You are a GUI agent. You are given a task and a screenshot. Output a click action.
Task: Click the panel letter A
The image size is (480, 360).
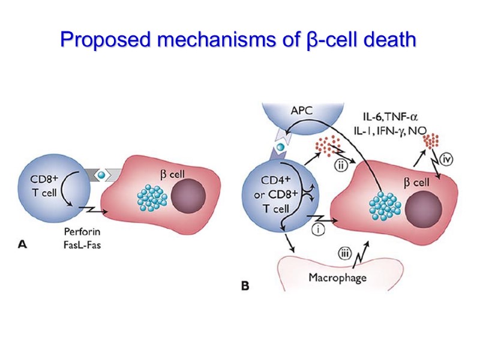click(23, 244)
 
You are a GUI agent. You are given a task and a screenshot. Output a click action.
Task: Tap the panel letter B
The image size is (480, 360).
click(245, 286)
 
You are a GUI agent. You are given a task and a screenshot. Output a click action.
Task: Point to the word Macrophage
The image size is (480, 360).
click(337, 278)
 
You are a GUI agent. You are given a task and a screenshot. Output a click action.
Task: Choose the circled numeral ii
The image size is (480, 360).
click(341, 166)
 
